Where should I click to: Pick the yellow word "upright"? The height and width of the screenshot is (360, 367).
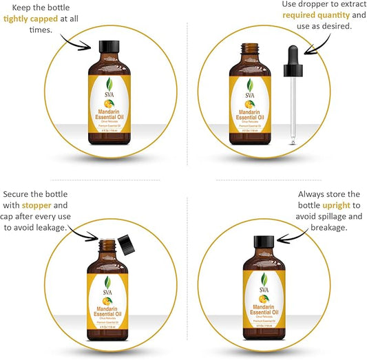(327, 205)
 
